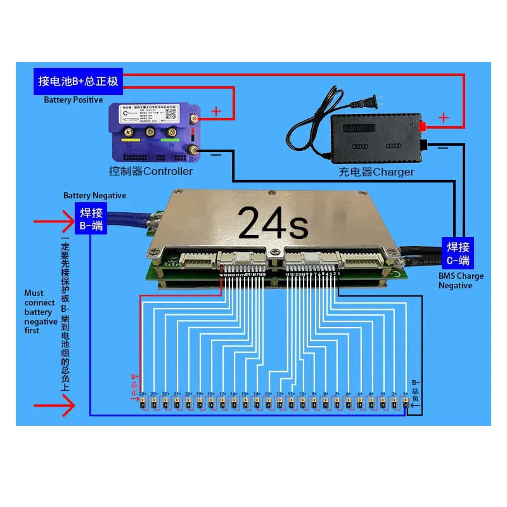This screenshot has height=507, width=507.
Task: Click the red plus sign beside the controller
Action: (216, 112)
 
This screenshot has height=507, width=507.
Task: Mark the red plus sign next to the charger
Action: (444, 117)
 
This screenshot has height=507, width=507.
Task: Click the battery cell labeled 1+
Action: (405, 402)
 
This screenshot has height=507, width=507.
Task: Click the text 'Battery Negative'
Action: (94, 196)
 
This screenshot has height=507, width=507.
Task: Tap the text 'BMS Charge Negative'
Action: (461, 280)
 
